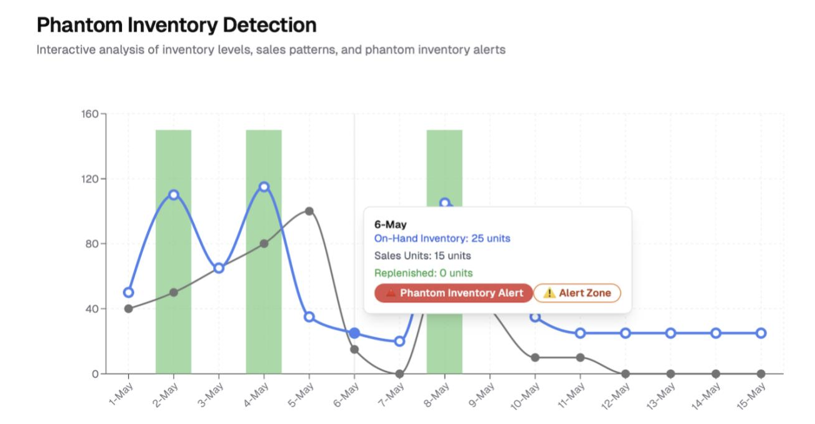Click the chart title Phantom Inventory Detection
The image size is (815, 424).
pyautogui.click(x=176, y=25)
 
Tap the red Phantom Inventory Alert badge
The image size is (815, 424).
pyautogui.click(x=454, y=293)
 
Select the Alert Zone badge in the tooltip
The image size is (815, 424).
pyautogui.click(x=577, y=293)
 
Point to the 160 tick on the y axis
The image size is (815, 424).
pyautogui.click(x=90, y=114)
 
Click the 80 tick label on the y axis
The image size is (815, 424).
pyautogui.click(x=91, y=244)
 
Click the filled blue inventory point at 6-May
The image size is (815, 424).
pyautogui.click(x=354, y=333)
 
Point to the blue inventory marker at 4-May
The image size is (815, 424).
pyautogui.click(x=264, y=187)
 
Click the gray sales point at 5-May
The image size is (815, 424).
pyautogui.click(x=309, y=211)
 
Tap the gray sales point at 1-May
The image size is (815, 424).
pyautogui.click(x=128, y=308)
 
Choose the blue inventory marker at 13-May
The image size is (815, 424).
pyautogui.click(x=671, y=333)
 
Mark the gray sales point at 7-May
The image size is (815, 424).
pyautogui.click(x=399, y=374)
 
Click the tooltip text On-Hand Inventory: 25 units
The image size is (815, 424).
pyautogui.click(x=442, y=239)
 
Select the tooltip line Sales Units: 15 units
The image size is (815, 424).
pyautogui.click(x=422, y=255)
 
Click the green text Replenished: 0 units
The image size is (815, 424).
pyautogui.click(x=423, y=273)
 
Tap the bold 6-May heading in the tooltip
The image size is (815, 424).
pyautogui.click(x=390, y=225)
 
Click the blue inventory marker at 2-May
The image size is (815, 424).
pyautogui.click(x=173, y=195)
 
